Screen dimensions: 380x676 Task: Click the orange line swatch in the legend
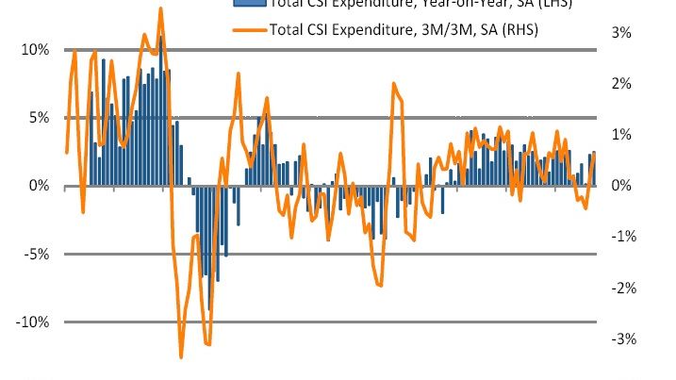point(249,29)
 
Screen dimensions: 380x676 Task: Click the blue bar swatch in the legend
point(249,3)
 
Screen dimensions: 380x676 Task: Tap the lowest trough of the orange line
point(182,356)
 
